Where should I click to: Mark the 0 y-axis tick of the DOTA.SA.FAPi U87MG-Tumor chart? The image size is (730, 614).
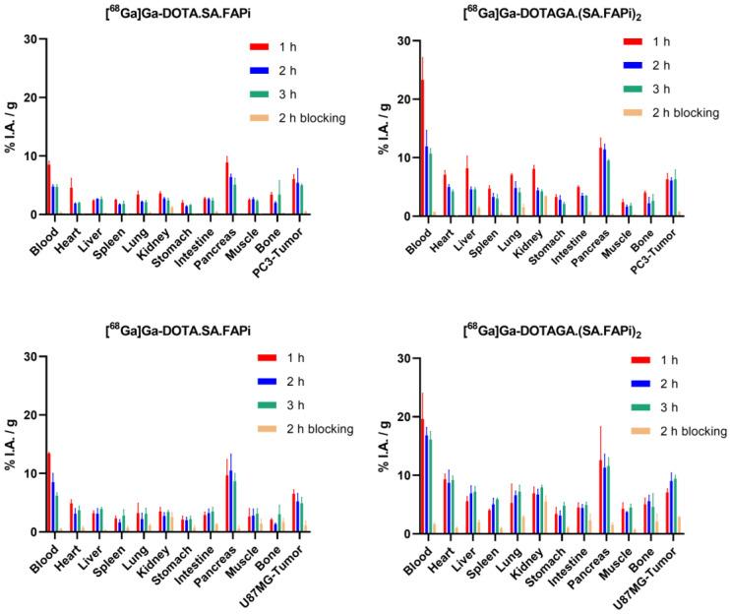pyautogui.click(x=31, y=532)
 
